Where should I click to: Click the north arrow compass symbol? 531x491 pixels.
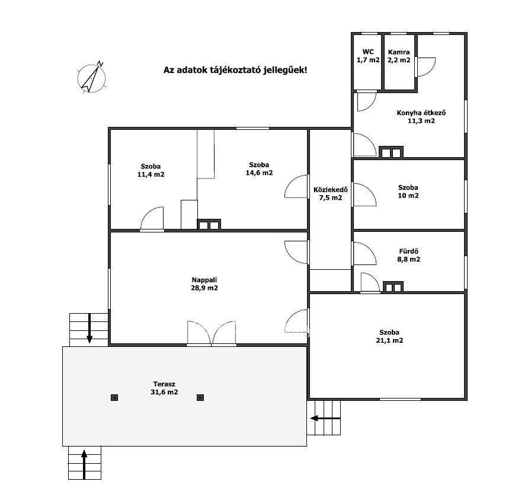point(91,78)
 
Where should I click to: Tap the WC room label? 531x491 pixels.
point(368,56)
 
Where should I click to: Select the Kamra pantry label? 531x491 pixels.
point(399,56)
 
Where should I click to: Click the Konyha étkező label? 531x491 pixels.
point(421,117)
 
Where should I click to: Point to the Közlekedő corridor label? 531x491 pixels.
point(331,193)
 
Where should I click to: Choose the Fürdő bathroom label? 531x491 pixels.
point(409,255)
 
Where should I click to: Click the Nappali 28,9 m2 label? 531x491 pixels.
point(204,284)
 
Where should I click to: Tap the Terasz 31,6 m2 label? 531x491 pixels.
point(164,388)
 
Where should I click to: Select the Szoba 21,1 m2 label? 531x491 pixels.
point(389,336)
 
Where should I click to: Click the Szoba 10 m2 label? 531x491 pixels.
point(408,192)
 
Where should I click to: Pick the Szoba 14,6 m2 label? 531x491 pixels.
point(259,169)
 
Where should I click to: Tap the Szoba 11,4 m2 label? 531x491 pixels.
point(151,170)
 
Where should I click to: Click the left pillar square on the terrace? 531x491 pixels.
point(114,397)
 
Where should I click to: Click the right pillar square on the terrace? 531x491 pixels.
point(200,397)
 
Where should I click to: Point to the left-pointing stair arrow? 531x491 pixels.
point(325,418)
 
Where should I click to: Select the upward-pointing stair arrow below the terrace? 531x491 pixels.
point(84,464)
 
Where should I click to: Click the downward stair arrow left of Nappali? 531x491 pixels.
point(89,329)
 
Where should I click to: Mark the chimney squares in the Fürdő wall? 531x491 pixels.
point(393,287)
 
